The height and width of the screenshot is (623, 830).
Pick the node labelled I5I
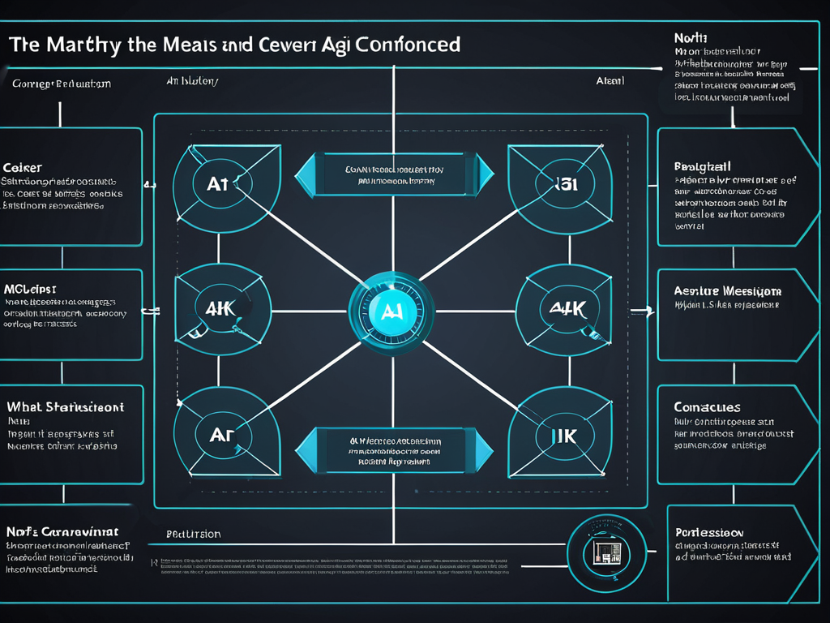pos(560,185)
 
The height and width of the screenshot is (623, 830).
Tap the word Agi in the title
pos(330,44)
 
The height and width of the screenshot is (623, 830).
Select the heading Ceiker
pos(23,167)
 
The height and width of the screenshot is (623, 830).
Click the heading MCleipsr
pos(30,289)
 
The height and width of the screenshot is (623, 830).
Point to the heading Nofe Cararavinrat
pos(62,532)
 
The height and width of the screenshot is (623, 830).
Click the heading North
pos(691,37)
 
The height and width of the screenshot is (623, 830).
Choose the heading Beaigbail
pos(703,166)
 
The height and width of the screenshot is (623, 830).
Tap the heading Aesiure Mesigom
pos(728,290)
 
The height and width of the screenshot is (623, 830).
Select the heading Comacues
pos(707,407)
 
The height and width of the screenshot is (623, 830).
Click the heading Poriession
pos(709,533)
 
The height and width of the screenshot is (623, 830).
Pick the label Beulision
pos(193,535)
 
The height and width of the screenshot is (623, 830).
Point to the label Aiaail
pos(610,82)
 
